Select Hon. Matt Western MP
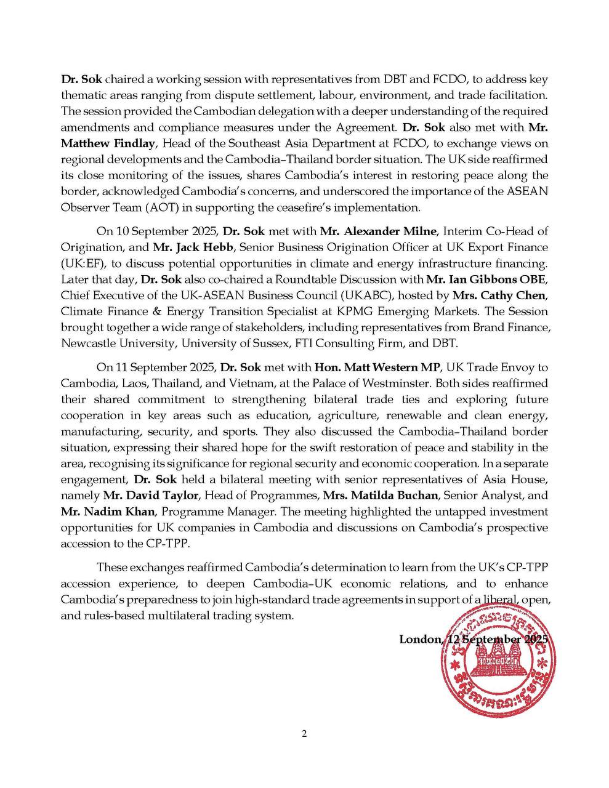(x=377, y=367)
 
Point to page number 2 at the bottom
(x=304, y=733)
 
